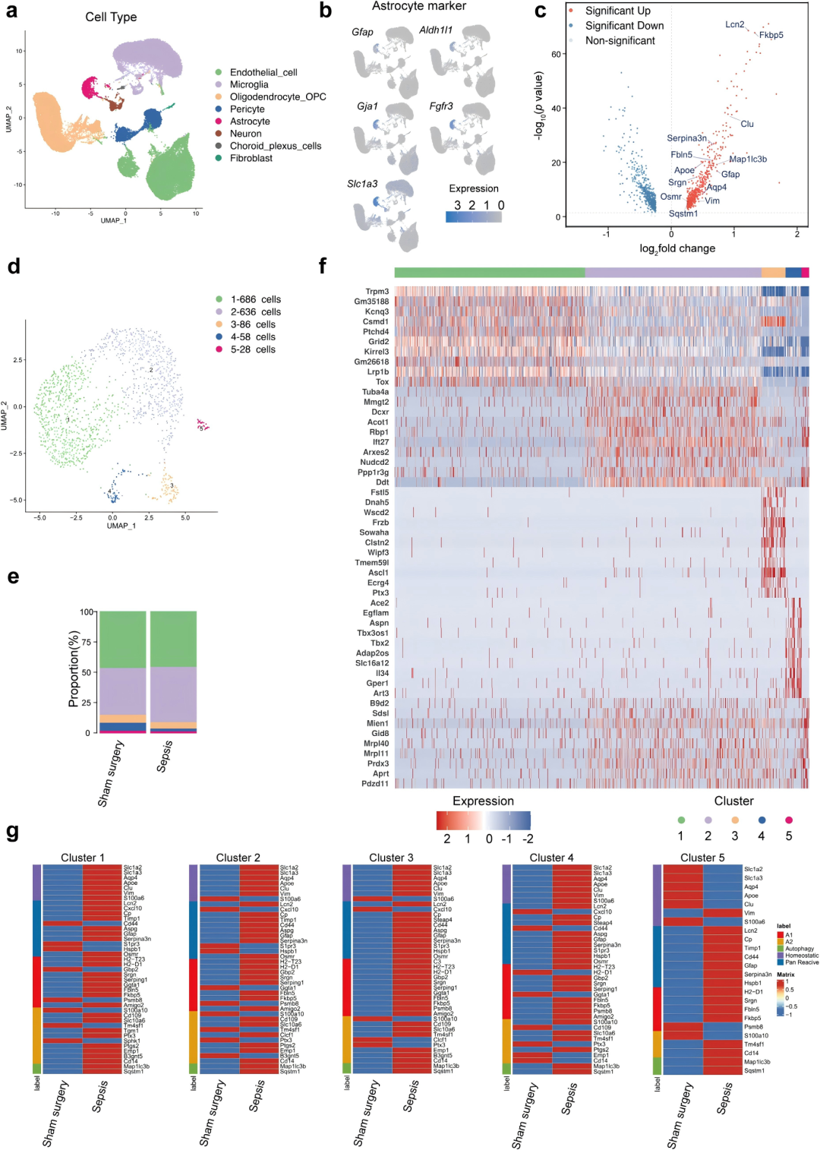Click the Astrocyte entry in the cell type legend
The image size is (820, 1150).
click(x=250, y=122)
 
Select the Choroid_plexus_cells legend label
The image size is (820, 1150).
click(x=275, y=146)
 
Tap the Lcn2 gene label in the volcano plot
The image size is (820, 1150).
click(x=734, y=24)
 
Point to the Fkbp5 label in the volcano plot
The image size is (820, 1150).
click(x=771, y=35)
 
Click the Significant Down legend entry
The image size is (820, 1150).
click(x=624, y=26)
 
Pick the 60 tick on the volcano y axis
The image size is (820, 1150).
click(x=557, y=55)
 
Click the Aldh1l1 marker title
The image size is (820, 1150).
click(x=436, y=30)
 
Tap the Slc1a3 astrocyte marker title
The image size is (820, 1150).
click(x=362, y=184)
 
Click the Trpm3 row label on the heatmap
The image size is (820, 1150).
click(x=377, y=292)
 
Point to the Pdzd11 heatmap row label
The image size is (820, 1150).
click(x=375, y=784)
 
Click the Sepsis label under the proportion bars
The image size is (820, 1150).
click(x=165, y=757)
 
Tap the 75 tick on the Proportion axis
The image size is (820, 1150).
click(x=88, y=642)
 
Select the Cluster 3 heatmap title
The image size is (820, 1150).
click(x=391, y=858)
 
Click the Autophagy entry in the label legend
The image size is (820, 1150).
click(x=799, y=949)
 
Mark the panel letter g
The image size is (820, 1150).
click(x=12, y=831)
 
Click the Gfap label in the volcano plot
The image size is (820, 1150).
click(x=730, y=174)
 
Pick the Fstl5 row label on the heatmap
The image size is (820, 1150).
click(x=380, y=492)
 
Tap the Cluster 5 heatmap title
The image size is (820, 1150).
click(x=702, y=858)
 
